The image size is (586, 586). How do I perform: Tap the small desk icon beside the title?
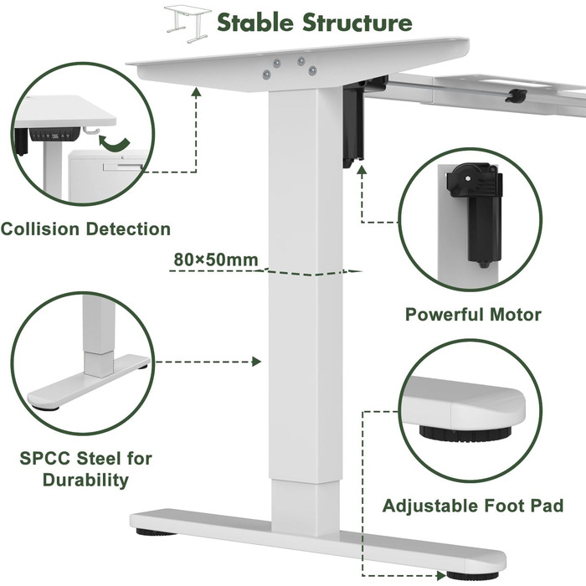tap(187, 22)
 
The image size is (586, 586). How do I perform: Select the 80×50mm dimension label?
tap(215, 260)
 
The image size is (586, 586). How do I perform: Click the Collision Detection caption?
tap(85, 229)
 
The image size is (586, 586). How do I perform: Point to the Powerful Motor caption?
tap(473, 315)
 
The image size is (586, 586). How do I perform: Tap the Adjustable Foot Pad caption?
tap(472, 506)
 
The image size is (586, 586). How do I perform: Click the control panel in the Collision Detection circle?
tap(55, 135)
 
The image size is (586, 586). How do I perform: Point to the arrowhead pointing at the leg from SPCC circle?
tap(256, 362)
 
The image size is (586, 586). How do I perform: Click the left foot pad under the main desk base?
tap(148, 531)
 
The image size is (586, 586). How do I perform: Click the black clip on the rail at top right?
tap(516, 95)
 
